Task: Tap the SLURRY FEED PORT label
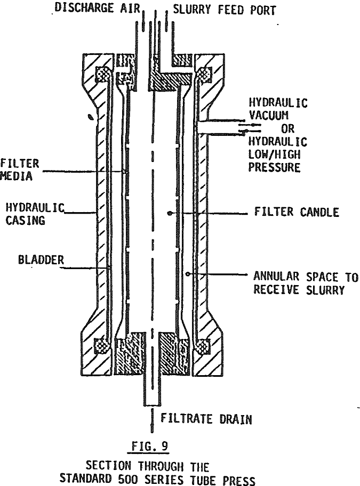[223, 10]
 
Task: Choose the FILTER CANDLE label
[296, 213]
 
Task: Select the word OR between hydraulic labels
[289, 129]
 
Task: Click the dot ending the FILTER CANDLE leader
[170, 213]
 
